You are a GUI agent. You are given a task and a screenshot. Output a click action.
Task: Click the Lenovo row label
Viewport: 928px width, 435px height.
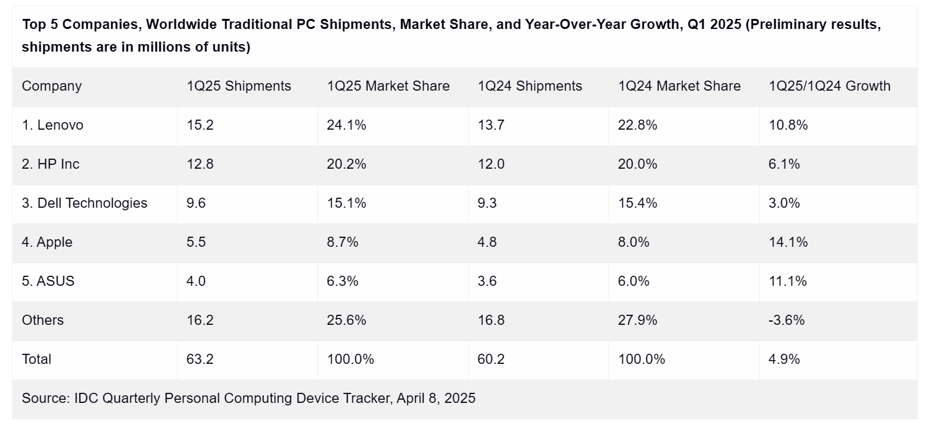pos(52,125)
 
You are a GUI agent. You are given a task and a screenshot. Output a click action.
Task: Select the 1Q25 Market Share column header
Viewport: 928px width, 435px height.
pos(388,86)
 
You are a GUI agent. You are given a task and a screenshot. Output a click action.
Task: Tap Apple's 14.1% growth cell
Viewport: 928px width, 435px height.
pos(788,242)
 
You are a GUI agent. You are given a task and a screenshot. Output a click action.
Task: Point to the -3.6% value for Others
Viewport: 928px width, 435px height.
pos(787,320)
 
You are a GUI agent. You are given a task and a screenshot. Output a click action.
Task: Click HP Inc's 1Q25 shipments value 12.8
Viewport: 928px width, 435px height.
pos(200,164)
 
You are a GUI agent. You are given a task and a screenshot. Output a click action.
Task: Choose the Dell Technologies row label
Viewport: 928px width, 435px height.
pos(84,203)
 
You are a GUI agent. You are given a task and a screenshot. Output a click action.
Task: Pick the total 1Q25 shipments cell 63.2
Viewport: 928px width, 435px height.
pos(200,359)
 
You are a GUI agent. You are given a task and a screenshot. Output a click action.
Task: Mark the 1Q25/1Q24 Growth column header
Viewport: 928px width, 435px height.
pos(830,86)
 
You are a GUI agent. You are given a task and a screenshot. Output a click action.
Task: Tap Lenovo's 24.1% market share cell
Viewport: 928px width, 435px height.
pos(347,125)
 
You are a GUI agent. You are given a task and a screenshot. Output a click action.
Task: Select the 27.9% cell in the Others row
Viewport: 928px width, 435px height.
pos(638,320)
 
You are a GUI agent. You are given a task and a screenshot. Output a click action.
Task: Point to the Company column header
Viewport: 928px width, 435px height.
pos(52,86)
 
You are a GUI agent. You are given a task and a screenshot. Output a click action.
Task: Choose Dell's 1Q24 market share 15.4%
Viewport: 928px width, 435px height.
pos(638,203)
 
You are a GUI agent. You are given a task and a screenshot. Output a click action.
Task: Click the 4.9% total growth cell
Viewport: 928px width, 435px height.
pos(784,359)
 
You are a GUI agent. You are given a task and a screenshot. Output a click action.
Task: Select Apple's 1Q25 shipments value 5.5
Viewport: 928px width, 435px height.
pos(196,242)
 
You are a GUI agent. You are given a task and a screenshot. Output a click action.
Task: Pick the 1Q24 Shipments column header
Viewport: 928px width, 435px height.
pos(530,86)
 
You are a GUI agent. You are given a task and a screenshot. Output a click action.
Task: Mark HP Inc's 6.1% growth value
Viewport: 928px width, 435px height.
pos(784,164)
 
